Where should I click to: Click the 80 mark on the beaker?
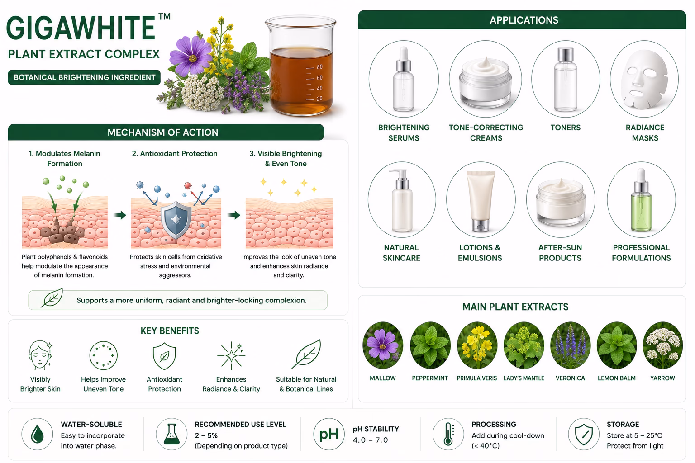click(x=319, y=67)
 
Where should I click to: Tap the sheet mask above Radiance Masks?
click(x=645, y=80)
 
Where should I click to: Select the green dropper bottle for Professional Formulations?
click(x=641, y=200)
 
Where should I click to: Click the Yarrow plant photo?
click(x=663, y=345)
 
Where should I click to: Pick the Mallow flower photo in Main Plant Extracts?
click(x=383, y=345)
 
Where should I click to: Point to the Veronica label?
click(x=570, y=378)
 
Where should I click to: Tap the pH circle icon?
click(x=328, y=434)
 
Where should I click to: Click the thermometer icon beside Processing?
click(x=448, y=434)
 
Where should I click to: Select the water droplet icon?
click(x=37, y=434)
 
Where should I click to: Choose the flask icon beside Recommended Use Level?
click(x=171, y=434)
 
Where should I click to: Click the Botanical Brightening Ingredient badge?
click(x=85, y=77)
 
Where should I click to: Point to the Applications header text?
click(x=524, y=20)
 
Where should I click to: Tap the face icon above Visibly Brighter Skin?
click(x=40, y=355)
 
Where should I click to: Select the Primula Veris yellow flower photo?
click(x=477, y=345)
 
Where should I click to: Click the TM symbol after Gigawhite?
click(x=164, y=16)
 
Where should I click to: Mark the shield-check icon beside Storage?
click(x=584, y=434)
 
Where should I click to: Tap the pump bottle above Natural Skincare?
click(x=402, y=200)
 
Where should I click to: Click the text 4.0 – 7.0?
click(x=370, y=440)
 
